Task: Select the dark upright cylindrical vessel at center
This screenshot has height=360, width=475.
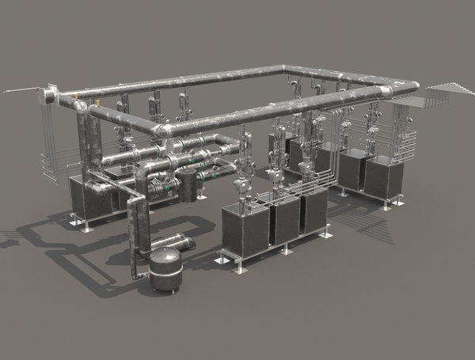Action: coord(188,185)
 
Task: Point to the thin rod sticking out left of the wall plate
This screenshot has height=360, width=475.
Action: coord(20,93)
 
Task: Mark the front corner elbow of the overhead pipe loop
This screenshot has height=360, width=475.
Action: coord(161,131)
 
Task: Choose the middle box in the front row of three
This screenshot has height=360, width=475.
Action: coord(283,220)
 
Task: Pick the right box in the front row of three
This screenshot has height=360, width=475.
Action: coord(314,212)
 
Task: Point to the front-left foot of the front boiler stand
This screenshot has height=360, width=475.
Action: coord(237,268)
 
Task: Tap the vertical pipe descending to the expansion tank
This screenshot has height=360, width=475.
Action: coord(135,229)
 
